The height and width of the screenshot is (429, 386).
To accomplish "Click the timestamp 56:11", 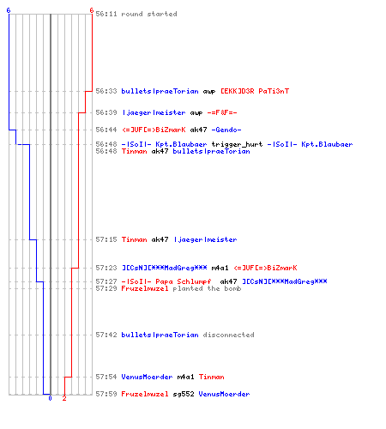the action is click(x=106, y=14).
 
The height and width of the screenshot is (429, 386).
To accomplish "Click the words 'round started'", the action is click(x=149, y=14).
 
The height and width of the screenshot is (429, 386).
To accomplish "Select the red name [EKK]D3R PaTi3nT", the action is click(x=255, y=91).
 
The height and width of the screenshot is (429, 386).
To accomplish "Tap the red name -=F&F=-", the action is click(x=222, y=112).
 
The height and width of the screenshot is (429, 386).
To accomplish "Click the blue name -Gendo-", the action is click(x=226, y=130).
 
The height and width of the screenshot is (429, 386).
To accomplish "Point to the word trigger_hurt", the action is click(x=237, y=144).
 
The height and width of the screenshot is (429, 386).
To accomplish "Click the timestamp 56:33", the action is click(x=106, y=91).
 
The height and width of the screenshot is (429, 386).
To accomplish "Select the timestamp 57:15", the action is click(x=106, y=239).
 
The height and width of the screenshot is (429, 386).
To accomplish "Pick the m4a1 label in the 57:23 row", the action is click(x=220, y=268).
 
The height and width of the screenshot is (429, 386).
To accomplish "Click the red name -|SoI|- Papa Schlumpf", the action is click(x=166, y=281).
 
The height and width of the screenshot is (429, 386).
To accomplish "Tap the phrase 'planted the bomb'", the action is click(x=207, y=288).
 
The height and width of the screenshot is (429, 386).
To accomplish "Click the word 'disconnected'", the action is click(x=228, y=335).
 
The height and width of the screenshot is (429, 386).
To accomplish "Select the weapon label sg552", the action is click(x=184, y=394).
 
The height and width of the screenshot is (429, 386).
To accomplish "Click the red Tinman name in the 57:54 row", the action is click(x=211, y=377).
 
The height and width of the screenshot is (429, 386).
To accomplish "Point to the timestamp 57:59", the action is click(x=106, y=394).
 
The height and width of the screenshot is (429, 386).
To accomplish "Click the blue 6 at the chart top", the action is click(x=9, y=10).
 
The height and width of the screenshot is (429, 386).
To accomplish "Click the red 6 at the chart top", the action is click(x=91, y=10).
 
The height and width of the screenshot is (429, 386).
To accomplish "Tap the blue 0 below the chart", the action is click(x=50, y=398).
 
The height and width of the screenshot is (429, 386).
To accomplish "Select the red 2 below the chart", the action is click(x=64, y=398).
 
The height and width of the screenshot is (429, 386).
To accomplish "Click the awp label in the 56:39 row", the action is click(x=196, y=113).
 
